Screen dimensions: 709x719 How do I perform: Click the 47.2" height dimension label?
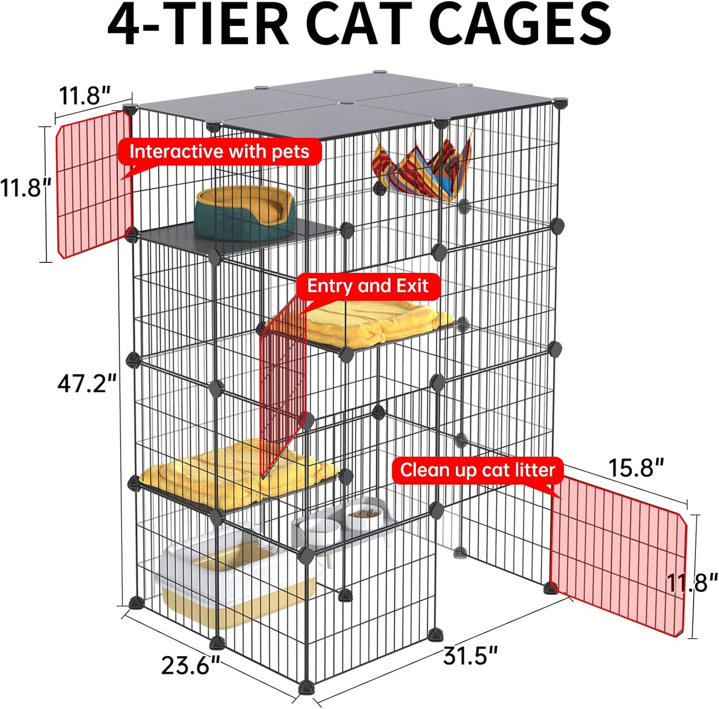click(x=88, y=383)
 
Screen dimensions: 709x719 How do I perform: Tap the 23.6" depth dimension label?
click(x=191, y=665)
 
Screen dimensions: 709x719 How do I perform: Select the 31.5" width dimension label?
click(x=470, y=656)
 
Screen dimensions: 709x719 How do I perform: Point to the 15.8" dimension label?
click(x=636, y=468)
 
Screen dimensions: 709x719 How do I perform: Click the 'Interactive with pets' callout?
click(x=219, y=152)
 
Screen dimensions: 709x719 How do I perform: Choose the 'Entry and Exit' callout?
click(x=368, y=286)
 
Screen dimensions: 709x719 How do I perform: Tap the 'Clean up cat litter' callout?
click(x=477, y=471)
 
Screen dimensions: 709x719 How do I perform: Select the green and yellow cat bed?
click(x=246, y=213)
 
